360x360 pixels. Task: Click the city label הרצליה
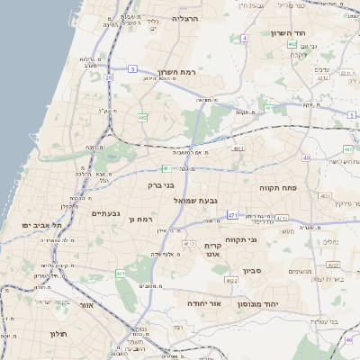tap(184, 18)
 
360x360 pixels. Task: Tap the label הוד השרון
tap(289, 33)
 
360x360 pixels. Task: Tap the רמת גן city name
tap(144, 219)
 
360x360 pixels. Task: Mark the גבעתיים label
tap(106, 213)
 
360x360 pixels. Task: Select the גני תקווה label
tap(264, 240)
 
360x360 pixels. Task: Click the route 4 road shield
tap(244, 39)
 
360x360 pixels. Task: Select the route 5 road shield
tap(133, 68)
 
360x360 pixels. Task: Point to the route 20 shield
tap(108, 77)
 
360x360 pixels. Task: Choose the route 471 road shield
tap(233, 215)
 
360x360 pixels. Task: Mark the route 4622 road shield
tap(232, 281)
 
